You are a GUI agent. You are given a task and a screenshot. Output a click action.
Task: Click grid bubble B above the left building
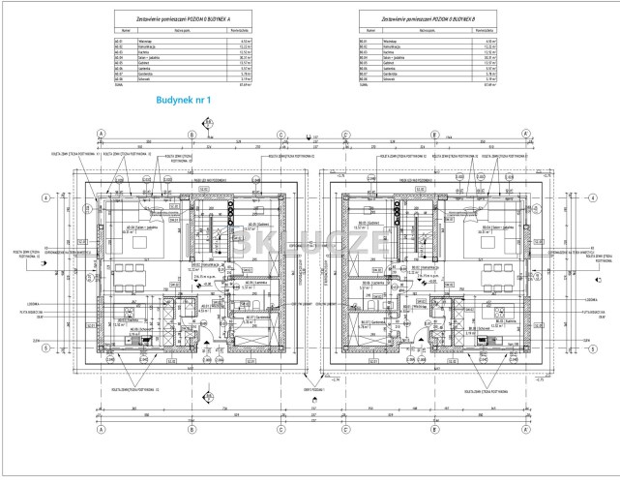(x=191, y=136)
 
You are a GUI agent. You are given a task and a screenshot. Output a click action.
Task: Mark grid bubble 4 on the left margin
(x=44, y=197)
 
